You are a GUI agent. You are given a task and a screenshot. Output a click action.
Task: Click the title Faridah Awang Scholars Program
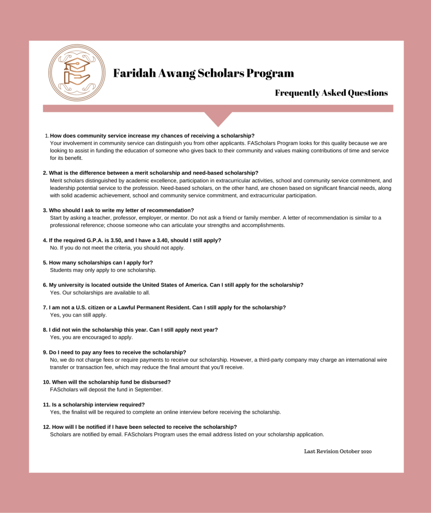point(203,73)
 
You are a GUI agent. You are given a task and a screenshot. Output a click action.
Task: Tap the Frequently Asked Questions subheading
point(331,93)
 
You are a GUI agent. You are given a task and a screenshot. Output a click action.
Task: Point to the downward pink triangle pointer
point(218,118)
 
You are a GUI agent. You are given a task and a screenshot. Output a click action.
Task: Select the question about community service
point(152,136)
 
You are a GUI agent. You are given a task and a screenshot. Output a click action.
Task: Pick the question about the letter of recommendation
point(121,210)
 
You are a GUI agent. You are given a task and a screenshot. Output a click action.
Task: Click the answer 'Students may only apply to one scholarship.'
point(103,270)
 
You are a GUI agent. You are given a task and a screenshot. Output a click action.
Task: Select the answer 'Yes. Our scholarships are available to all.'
point(100,293)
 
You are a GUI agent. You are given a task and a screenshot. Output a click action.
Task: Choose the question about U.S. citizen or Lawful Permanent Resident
point(167,307)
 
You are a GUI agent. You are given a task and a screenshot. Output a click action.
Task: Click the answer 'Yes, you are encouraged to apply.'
point(91,337)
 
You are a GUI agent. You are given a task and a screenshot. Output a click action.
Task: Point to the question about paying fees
point(117,352)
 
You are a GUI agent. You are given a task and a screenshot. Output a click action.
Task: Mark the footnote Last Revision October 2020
point(338,451)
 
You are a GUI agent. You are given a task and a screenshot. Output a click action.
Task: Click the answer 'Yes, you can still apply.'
point(78,315)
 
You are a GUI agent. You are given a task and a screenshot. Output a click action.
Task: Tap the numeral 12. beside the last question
point(46,427)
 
